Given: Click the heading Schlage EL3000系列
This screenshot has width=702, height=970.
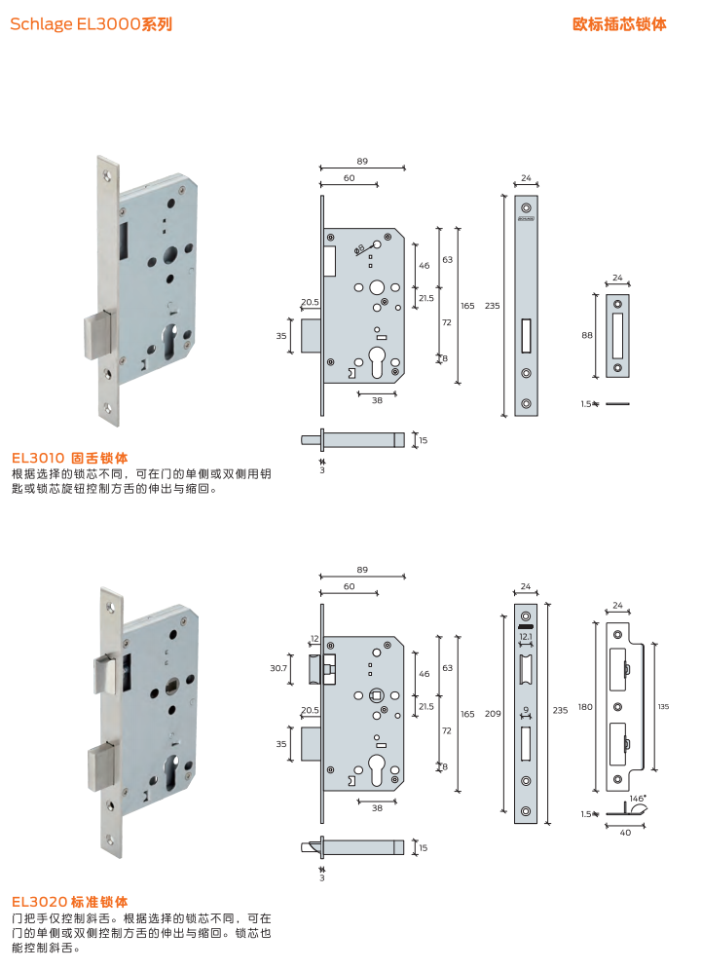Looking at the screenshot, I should tap(91, 24).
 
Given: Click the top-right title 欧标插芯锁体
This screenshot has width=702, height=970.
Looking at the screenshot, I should tap(619, 24).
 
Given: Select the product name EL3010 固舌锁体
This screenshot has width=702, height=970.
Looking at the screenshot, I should tap(70, 457).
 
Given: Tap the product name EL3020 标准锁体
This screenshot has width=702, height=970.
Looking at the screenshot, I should tap(70, 902).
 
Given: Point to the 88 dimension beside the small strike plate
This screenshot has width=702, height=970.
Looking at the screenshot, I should tap(587, 335).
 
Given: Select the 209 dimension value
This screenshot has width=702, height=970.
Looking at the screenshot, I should tap(494, 714).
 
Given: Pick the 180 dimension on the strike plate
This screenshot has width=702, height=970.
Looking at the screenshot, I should tap(584, 706).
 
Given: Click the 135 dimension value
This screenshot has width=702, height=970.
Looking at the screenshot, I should tap(663, 706).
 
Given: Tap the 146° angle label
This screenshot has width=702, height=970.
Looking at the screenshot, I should tap(637, 798).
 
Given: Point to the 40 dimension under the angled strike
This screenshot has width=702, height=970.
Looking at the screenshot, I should tap(623, 833).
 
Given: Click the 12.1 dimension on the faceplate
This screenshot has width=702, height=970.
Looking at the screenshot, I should tap(526, 636).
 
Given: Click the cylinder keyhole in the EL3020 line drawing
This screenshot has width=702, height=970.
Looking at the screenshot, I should tap(376, 774).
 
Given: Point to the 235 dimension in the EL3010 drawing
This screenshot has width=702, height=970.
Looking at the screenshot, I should tap(492, 306).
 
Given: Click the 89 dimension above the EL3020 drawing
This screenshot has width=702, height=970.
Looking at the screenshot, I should tap(362, 569).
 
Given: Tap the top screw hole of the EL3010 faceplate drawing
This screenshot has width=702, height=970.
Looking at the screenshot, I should tap(526, 208).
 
